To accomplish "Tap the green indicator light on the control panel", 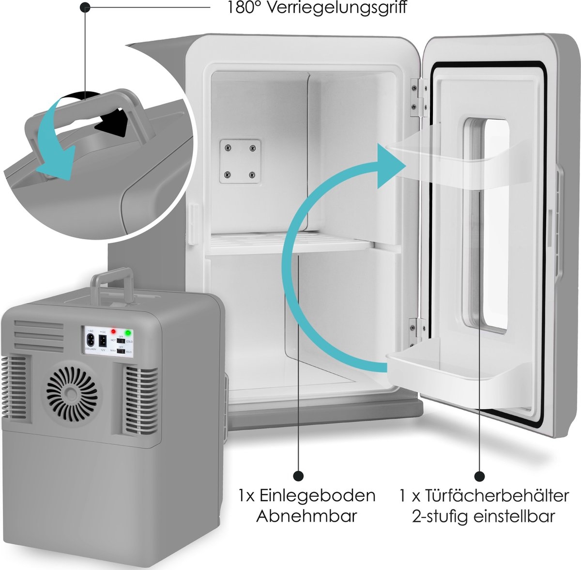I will [128, 333].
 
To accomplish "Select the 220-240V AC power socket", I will [91, 340].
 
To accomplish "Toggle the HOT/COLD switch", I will [121, 341].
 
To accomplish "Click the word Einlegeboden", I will [317, 495].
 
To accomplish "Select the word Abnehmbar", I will [306, 516].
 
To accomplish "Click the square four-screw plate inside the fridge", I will [239, 161].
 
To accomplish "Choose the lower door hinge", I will [414, 328].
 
